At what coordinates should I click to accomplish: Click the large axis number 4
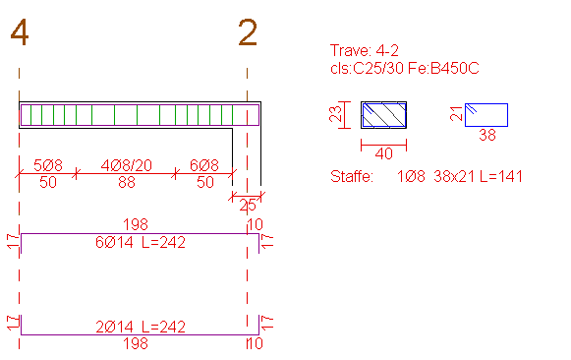tap(20, 32)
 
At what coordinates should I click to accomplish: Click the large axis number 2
tap(248, 32)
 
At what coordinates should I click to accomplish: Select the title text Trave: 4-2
tap(365, 50)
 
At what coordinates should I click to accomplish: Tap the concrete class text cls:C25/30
tap(367, 68)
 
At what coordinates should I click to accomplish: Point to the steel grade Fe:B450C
tap(443, 68)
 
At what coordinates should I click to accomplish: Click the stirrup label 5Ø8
tap(48, 165)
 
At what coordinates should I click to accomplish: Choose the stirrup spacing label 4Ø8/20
tap(127, 165)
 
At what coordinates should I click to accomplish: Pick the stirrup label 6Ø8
tap(204, 165)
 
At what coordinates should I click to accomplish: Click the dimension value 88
tap(127, 182)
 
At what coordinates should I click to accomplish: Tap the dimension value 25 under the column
tap(248, 206)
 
